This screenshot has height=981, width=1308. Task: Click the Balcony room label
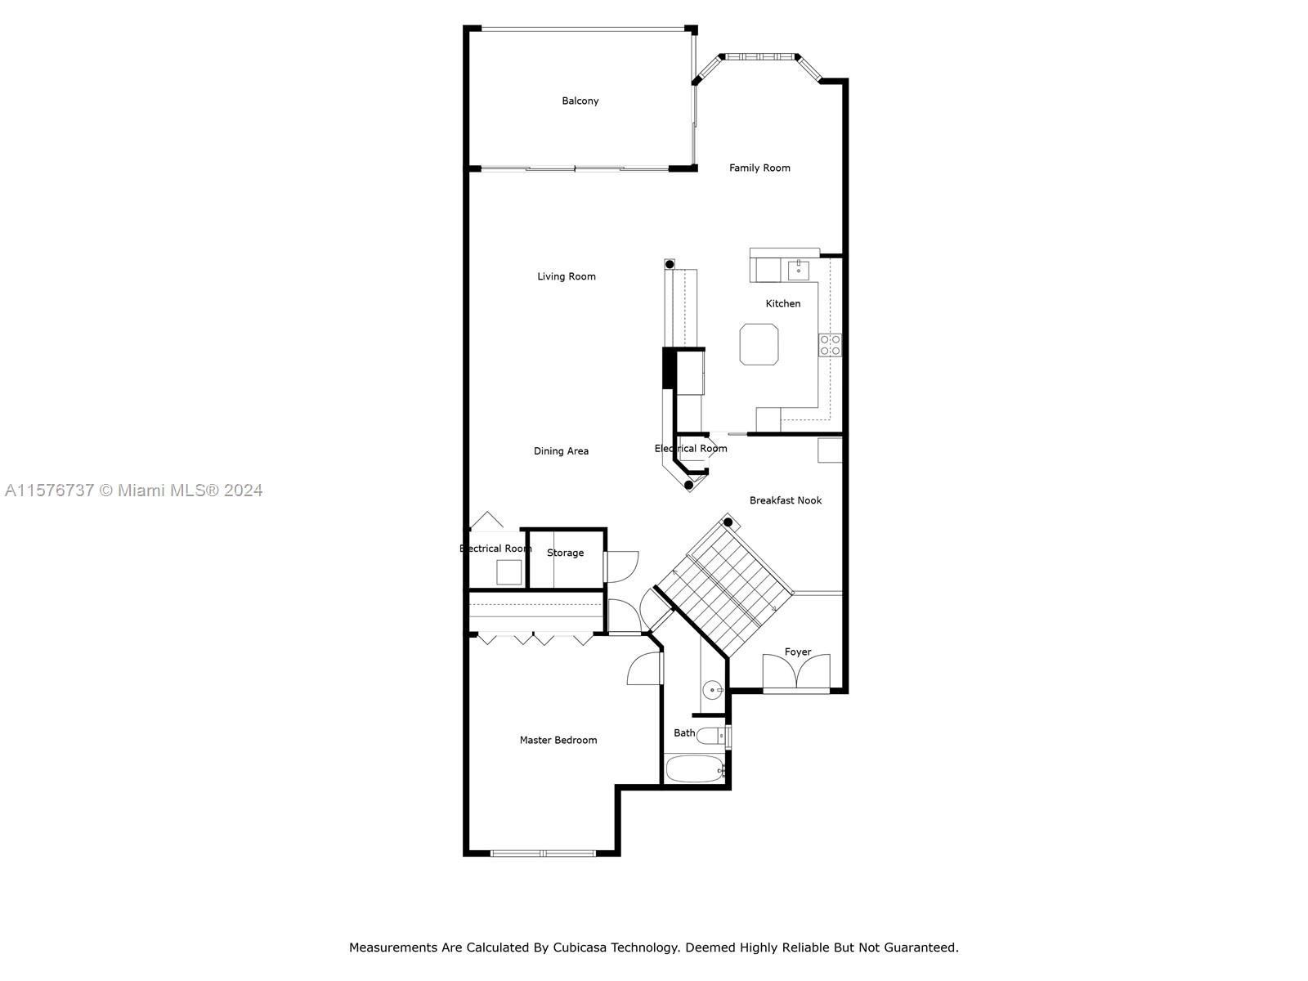[580, 101]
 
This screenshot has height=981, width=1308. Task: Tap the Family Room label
[759, 168]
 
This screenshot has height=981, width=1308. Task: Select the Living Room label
[566, 276]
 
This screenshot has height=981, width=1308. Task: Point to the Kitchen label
[783, 303]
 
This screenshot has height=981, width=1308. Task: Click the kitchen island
[759, 344]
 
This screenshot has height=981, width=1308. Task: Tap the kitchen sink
[798, 270]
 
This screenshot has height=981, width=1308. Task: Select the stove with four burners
[830, 345]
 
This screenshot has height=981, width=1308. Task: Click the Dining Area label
[561, 451]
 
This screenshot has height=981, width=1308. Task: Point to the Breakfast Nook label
[786, 500]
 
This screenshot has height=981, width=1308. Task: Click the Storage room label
[565, 553]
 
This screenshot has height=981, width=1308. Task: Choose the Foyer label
[797, 652]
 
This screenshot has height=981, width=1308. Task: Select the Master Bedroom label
[558, 740]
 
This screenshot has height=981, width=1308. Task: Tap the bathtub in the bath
[694, 769]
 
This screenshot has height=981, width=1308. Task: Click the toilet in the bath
[713, 737]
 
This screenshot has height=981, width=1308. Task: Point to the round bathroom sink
[712, 690]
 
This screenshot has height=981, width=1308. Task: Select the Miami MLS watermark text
[133, 490]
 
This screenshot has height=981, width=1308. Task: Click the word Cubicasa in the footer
[581, 947]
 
